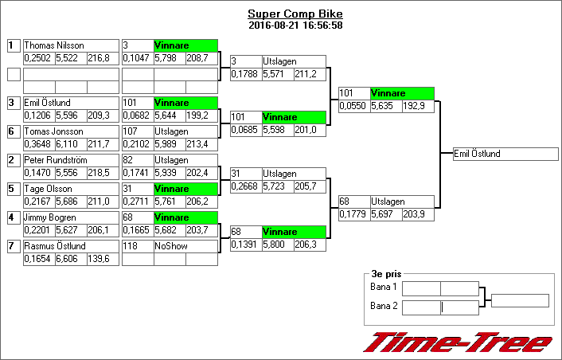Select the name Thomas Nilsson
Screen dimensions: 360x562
54,45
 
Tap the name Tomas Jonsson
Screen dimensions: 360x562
53,131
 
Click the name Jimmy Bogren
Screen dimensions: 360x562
50,217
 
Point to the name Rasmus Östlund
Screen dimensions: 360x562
54,246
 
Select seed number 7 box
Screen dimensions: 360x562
13,246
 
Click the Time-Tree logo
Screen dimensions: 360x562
457,342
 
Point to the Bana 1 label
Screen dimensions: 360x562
384,287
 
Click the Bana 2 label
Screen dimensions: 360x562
384,306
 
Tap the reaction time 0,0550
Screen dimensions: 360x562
351,106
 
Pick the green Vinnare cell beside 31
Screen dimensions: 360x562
185,189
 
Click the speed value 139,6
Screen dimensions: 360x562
98,259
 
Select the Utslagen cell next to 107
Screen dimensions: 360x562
185,131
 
